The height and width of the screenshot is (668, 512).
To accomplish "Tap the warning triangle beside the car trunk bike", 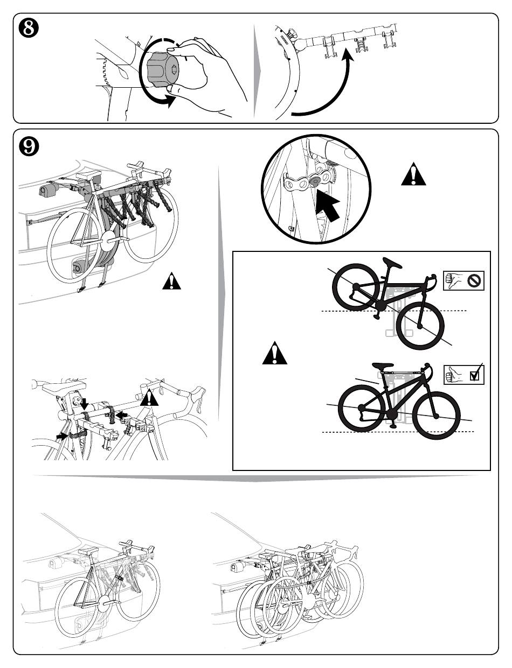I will pos(171,281).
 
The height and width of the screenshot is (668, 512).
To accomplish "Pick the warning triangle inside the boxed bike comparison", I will pos(275,354).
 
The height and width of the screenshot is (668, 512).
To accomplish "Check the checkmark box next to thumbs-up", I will pos(475,375).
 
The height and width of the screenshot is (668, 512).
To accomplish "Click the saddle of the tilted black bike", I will pos(393,263).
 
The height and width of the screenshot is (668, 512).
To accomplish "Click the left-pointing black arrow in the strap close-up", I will pos(121,413).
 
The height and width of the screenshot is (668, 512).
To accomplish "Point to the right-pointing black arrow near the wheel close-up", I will pos(62,435).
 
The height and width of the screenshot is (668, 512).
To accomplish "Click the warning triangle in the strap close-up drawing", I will pos(149,398).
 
